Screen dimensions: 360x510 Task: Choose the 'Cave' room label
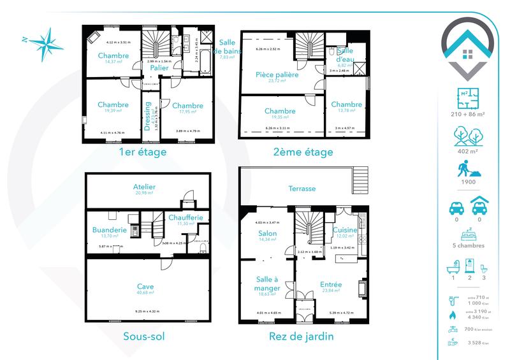click(x=145, y=287)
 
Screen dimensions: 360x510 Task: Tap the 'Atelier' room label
click(x=145, y=187)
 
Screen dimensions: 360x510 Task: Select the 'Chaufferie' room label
click(x=186, y=218)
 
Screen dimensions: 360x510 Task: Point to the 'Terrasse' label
click(x=302, y=189)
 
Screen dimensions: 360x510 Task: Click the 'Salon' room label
click(x=267, y=234)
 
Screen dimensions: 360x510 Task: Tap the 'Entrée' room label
click(x=331, y=285)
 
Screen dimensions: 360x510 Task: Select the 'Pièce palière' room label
click(x=277, y=75)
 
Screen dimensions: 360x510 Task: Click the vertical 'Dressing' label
click(x=147, y=117)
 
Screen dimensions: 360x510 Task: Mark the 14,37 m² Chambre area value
click(x=113, y=62)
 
